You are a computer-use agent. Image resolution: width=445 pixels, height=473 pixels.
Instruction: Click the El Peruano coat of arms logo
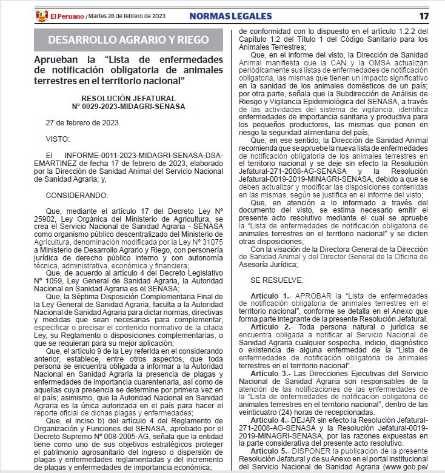[42, 15]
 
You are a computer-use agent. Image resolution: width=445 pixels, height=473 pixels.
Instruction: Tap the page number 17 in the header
[424, 15]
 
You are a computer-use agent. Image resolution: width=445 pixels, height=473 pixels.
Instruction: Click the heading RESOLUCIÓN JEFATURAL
[128, 98]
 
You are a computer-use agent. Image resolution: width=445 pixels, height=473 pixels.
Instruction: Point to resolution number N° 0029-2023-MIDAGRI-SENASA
[128, 106]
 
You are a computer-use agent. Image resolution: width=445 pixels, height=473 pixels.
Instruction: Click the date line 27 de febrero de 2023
[82, 122]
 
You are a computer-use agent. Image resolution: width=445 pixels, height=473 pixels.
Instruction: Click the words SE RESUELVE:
[276, 280]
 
